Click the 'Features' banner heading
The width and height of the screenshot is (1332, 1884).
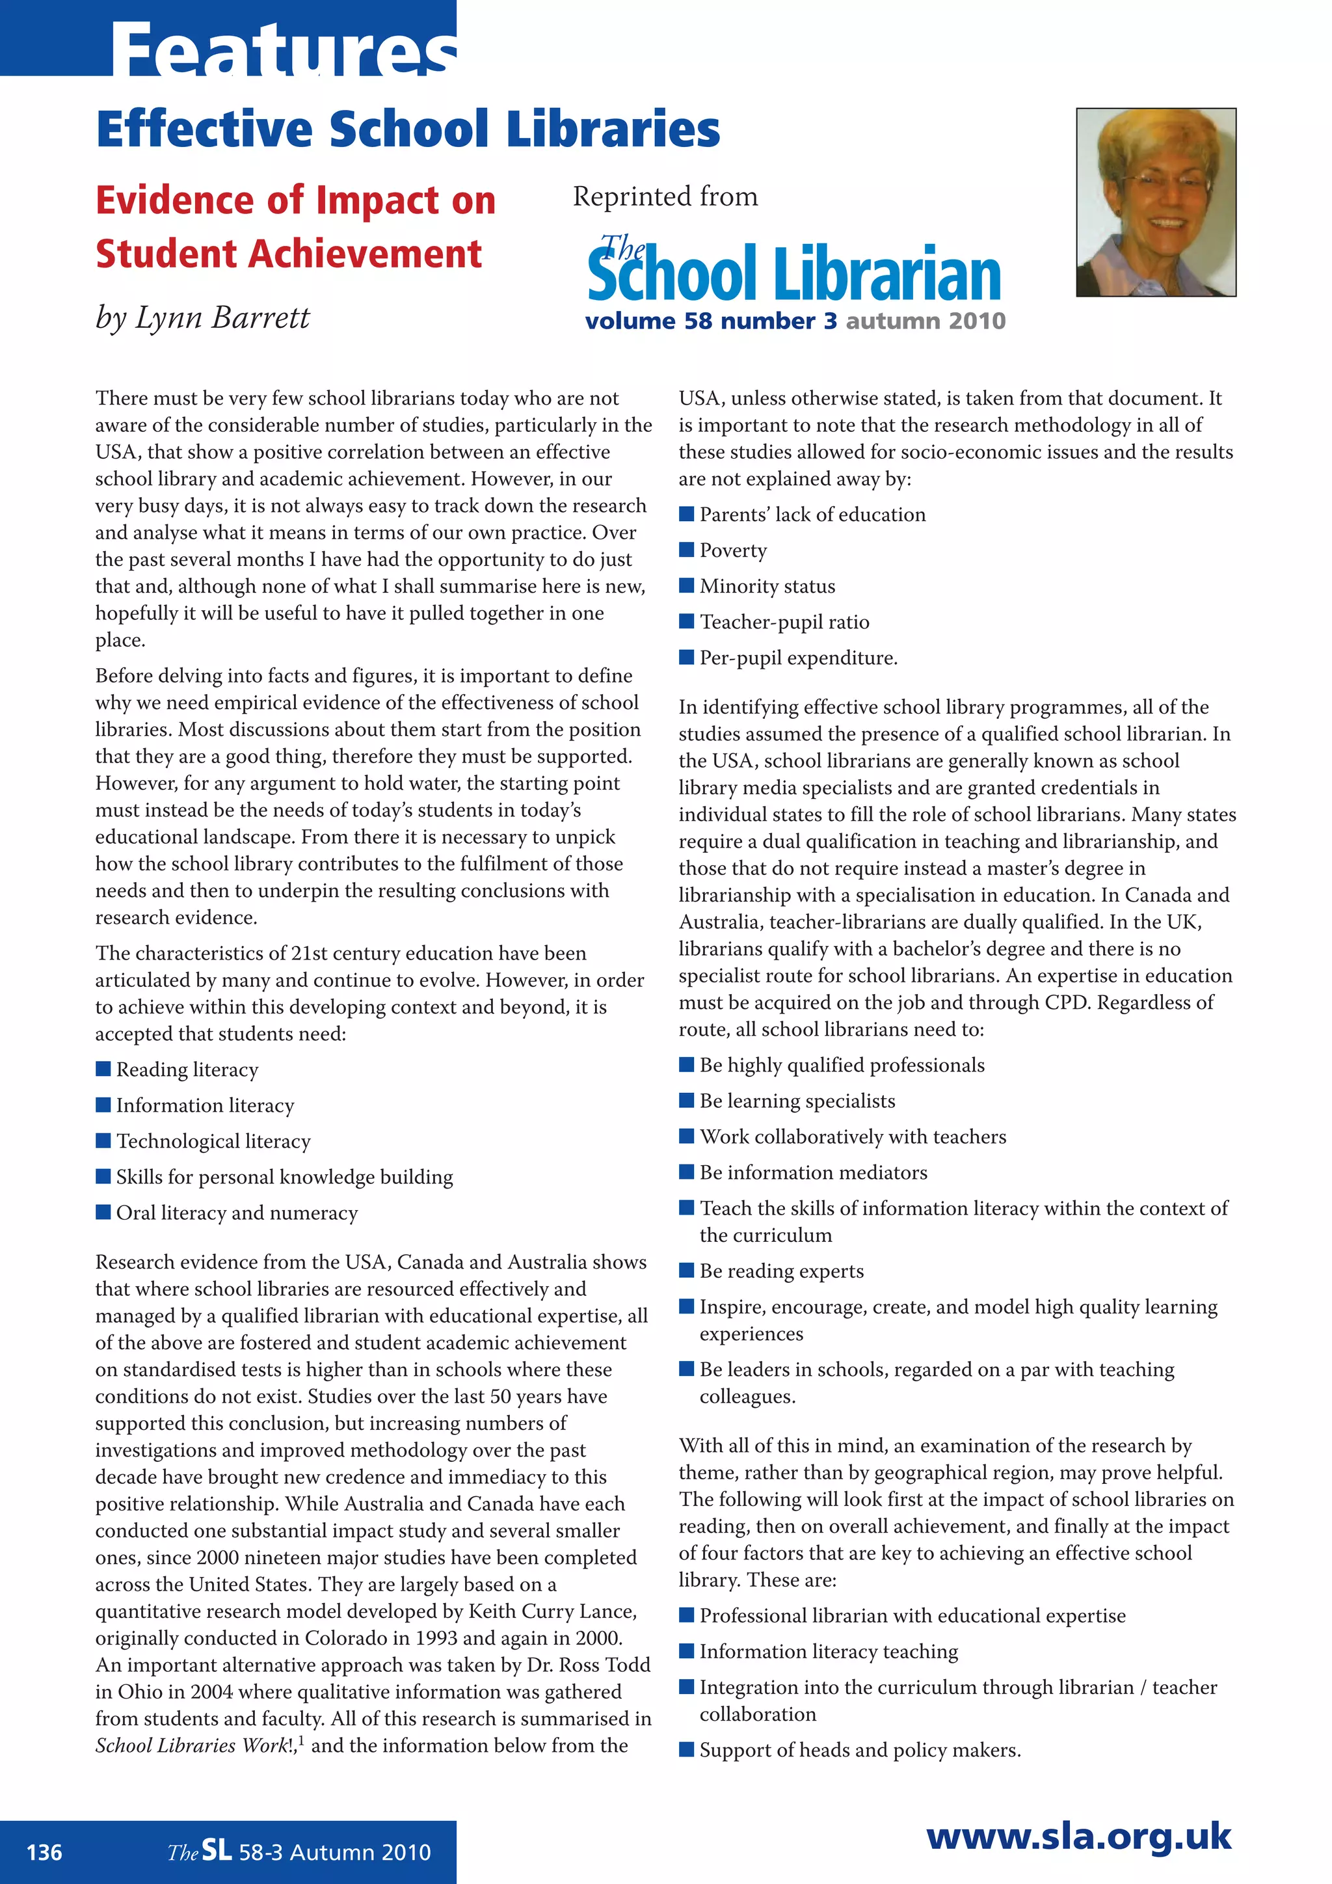coord(283,51)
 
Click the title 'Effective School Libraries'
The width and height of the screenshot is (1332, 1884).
coord(408,129)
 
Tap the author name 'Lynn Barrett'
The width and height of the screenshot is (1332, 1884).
coord(221,318)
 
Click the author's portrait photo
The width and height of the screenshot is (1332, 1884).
coord(1156,202)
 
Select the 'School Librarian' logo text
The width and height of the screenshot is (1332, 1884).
coord(794,273)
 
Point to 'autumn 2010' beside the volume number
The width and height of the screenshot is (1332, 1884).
coord(926,321)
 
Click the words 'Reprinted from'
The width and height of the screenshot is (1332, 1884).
coord(665,197)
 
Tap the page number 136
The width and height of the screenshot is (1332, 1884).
coord(44,1852)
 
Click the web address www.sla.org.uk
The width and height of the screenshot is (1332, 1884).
coord(1078,1837)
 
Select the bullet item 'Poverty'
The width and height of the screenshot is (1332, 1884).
coord(732,550)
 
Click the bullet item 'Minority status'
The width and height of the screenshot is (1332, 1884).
coord(767,587)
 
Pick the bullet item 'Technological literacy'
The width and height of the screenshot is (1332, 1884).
coord(213,1142)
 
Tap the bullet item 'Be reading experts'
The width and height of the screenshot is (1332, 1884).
coord(781,1271)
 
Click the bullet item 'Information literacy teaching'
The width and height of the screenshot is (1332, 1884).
coord(829,1652)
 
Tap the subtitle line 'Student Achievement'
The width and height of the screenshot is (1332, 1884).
coord(289,254)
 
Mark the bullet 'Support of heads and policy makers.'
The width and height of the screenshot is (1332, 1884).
coord(860,1750)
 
